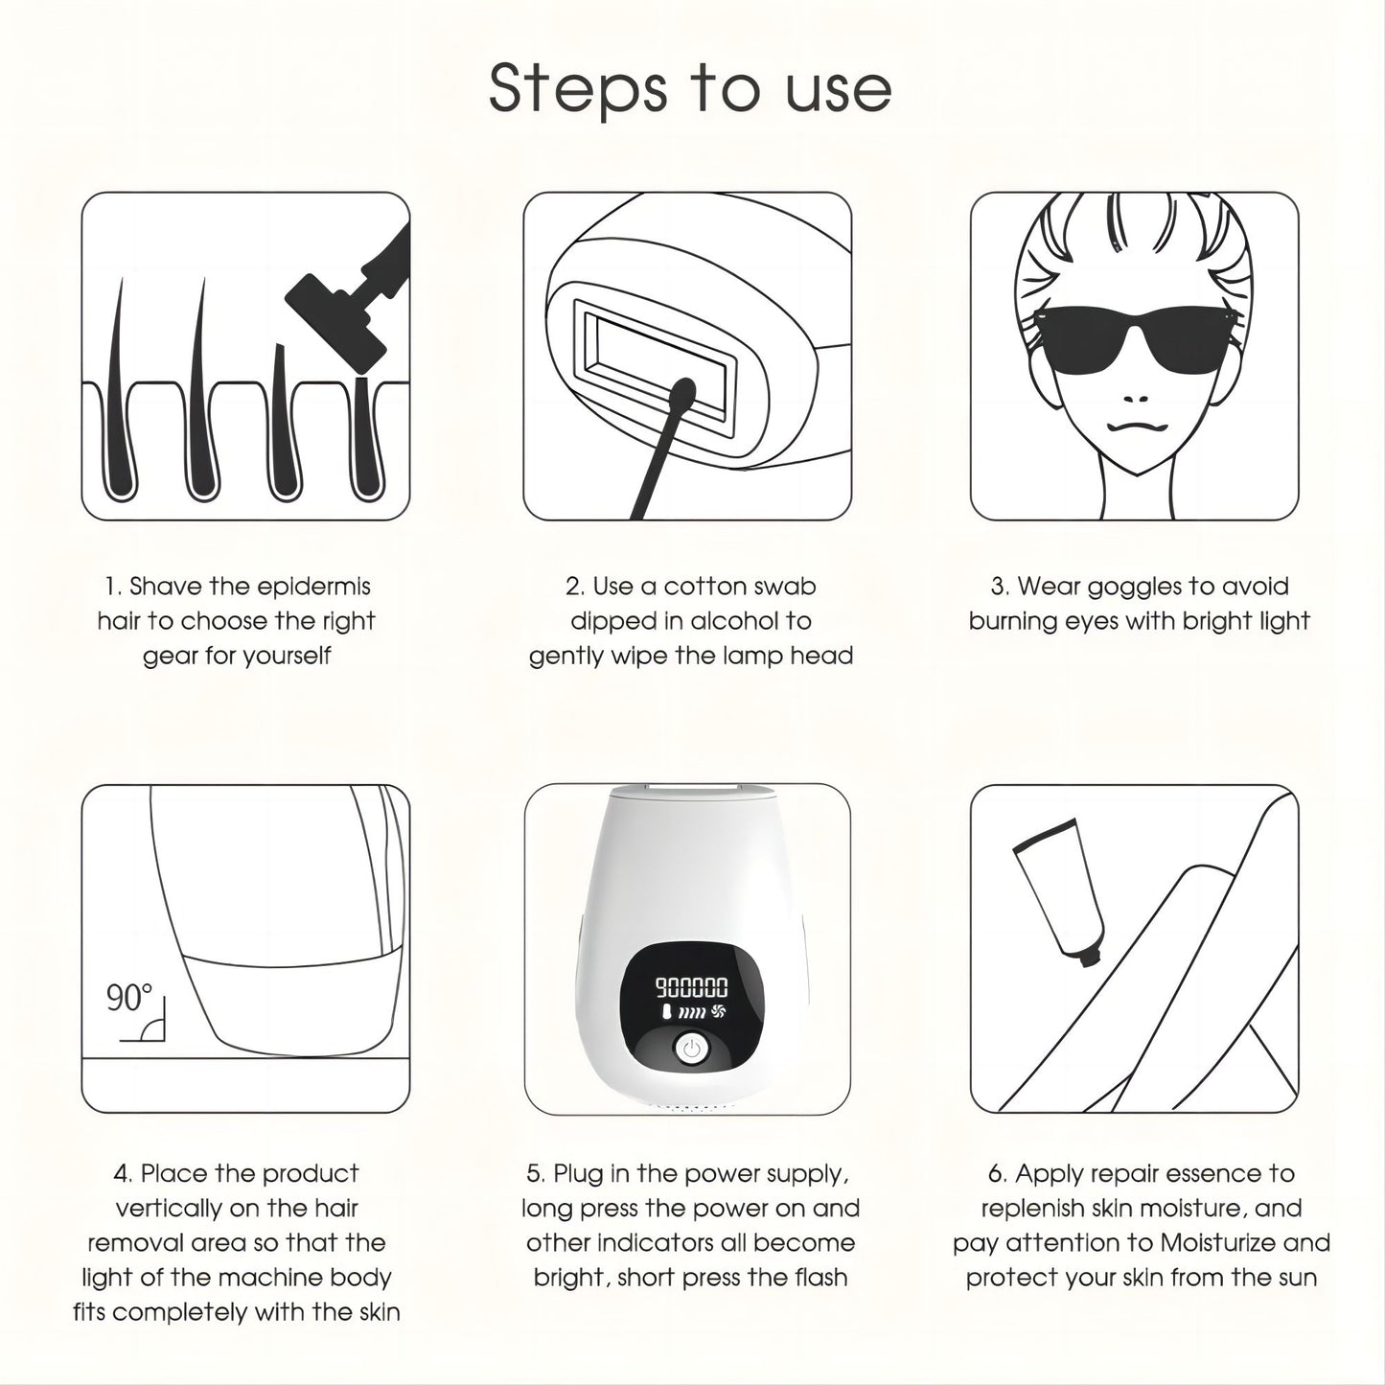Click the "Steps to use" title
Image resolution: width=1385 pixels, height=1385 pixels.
(690, 90)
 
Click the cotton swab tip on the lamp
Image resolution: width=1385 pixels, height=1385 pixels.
(681, 396)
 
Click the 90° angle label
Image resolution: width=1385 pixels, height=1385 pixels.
(129, 998)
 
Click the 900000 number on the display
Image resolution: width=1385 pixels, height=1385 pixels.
(691, 987)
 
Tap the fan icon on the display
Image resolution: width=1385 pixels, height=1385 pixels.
(717, 1012)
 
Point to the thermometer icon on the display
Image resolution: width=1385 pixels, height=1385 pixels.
(665, 1013)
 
